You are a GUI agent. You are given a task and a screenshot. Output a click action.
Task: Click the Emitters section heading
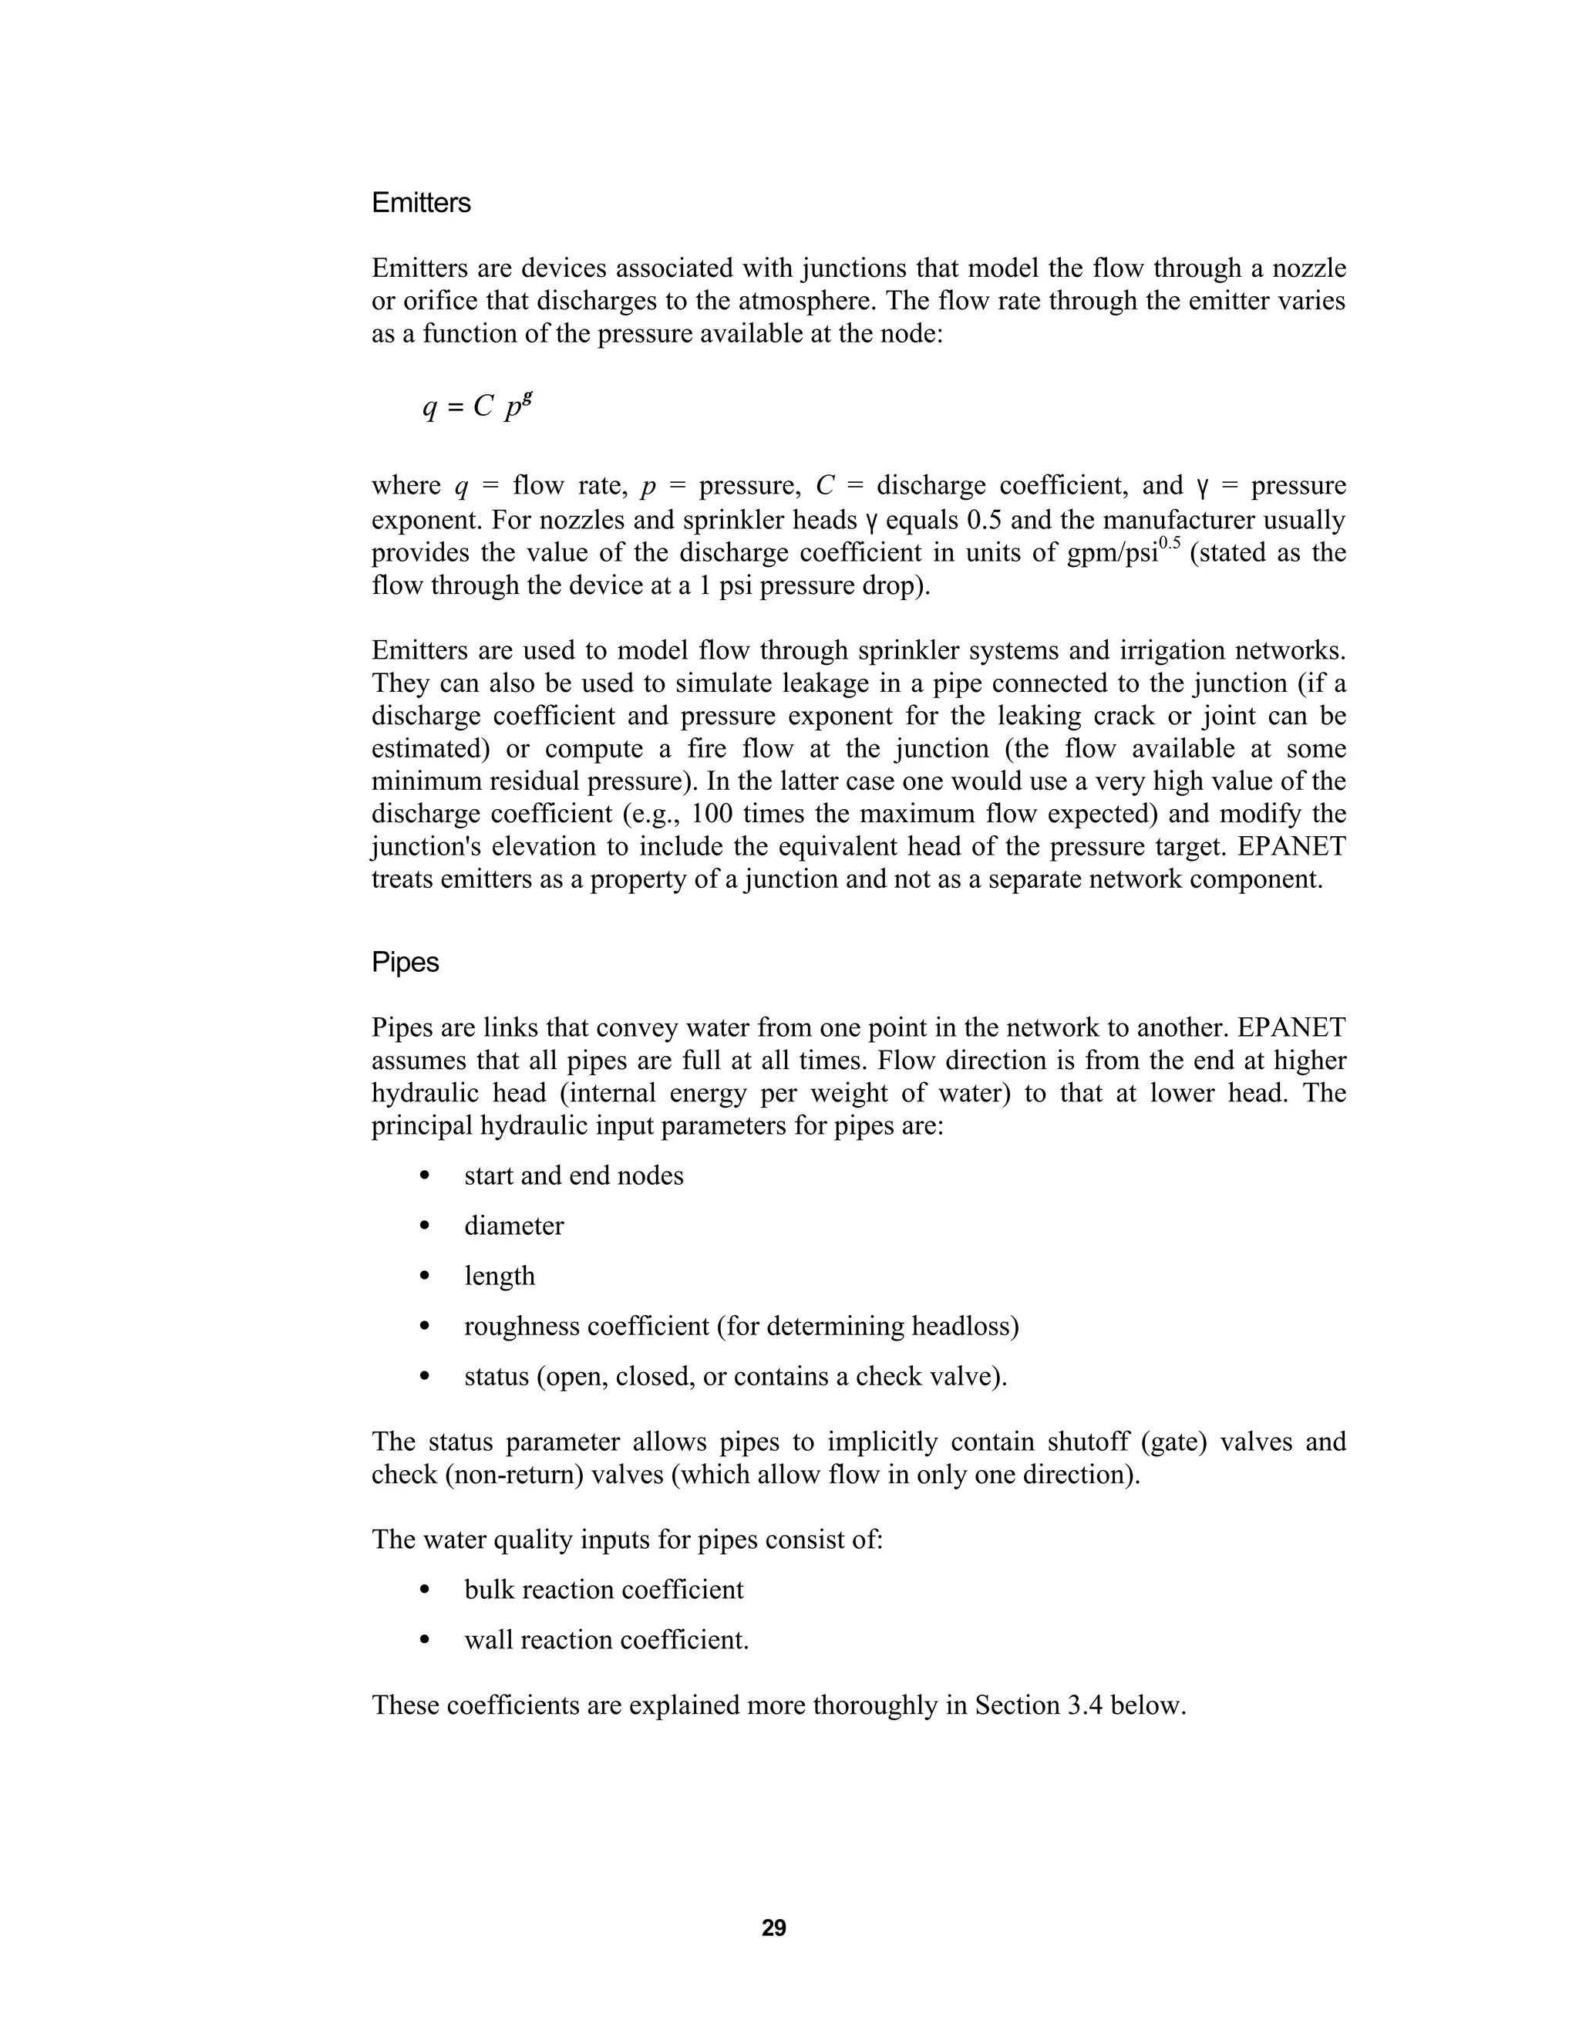[x=421, y=203]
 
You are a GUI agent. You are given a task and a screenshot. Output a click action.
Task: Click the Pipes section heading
[x=405, y=962]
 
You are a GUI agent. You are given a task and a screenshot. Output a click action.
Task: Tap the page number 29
[x=773, y=1928]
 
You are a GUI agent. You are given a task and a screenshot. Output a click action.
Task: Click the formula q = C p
[x=477, y=405]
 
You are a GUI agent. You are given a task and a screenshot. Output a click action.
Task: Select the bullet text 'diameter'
[x=513, y=1226]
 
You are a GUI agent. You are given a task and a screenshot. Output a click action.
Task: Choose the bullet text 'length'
[x=500, y=1277]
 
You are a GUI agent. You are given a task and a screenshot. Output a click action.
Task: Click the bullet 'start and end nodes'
[x=574, y=1175]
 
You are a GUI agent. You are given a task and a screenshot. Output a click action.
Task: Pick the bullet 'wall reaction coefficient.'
[x=606, y=1641]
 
